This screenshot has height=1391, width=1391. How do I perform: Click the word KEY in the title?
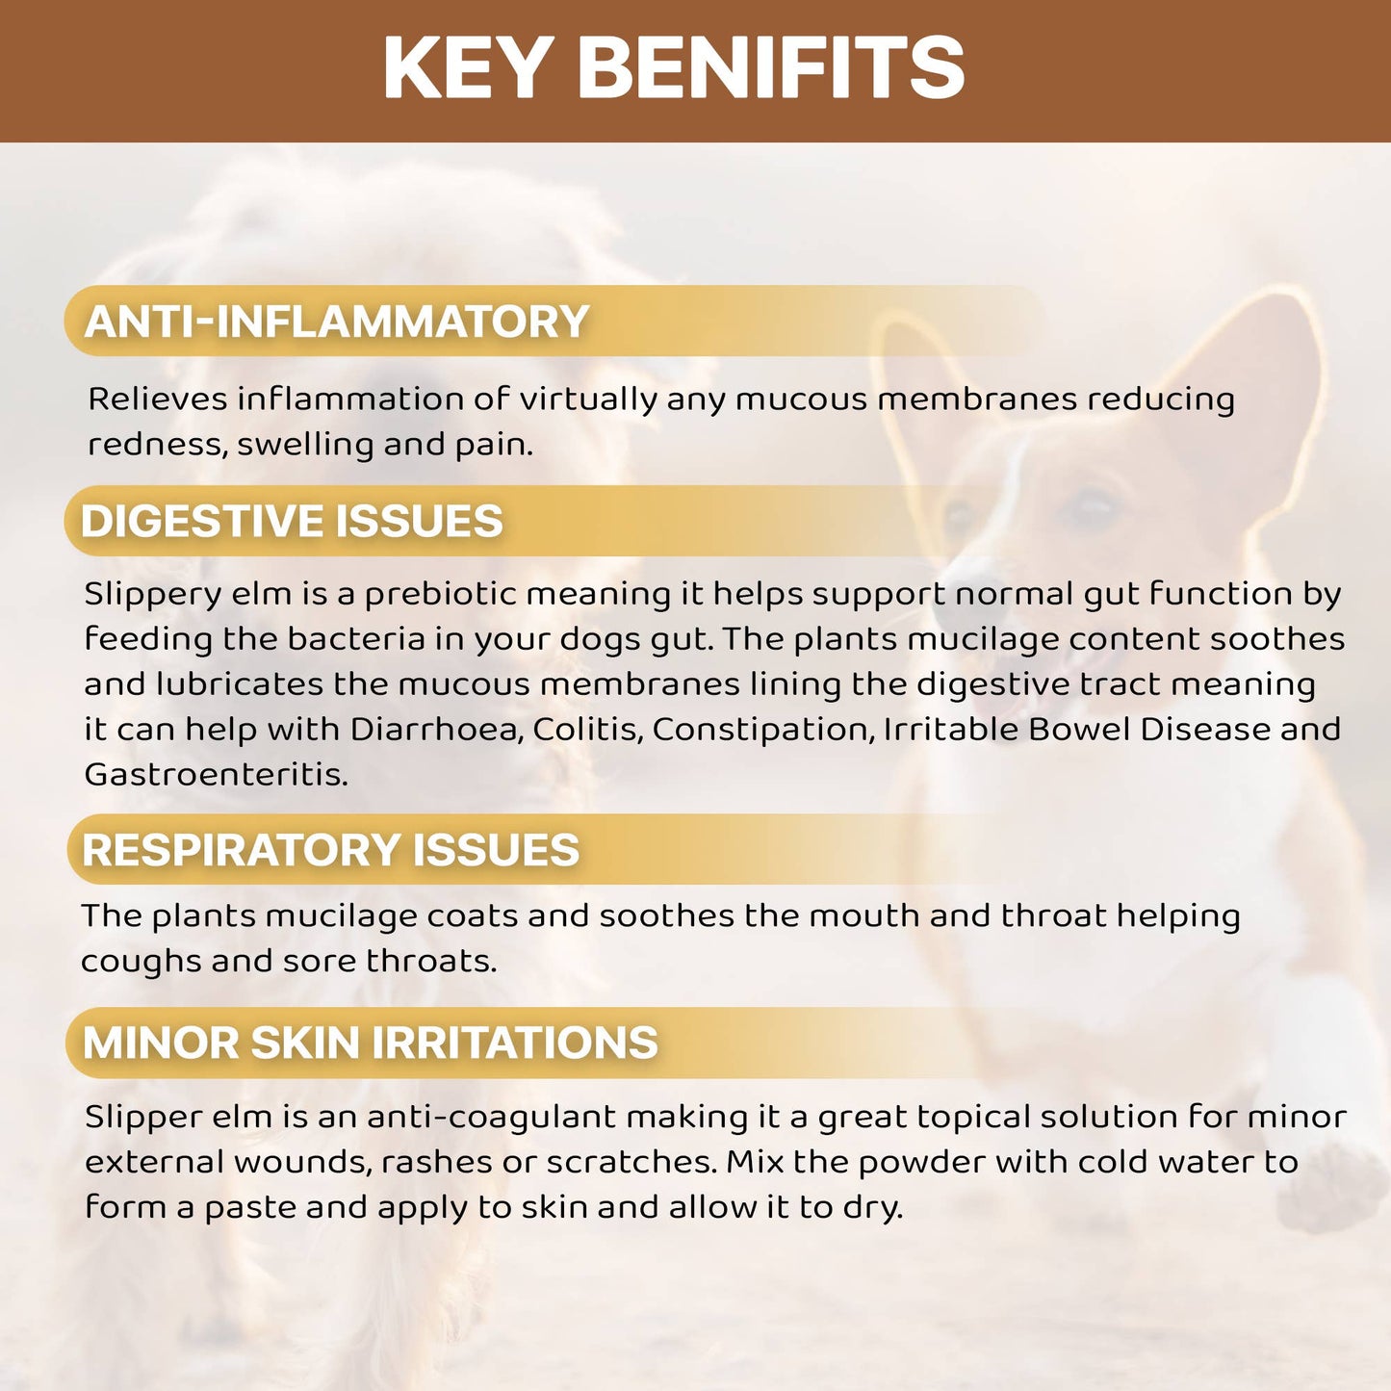point(467,67)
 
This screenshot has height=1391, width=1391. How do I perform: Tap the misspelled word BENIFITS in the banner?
point(770,67)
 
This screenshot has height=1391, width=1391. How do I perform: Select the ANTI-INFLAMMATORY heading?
point(336,322)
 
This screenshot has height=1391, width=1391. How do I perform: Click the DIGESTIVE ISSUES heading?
point(292,521)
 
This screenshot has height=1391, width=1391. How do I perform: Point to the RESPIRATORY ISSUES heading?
point(330,850)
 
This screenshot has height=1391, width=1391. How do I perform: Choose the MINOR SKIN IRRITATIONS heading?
point(370,1043)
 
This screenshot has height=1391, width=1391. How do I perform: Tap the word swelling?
point(305,445)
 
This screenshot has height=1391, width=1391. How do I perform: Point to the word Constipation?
point(763,729)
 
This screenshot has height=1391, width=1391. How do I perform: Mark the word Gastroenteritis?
point(216,774)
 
